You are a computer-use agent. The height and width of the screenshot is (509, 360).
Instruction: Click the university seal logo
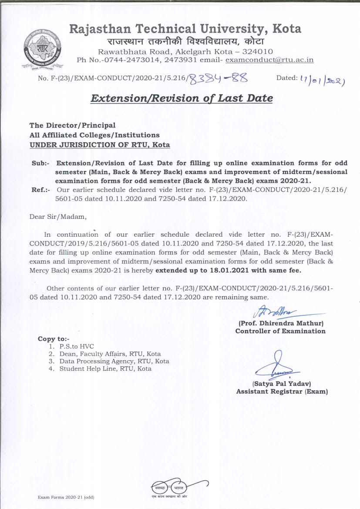(42, 47)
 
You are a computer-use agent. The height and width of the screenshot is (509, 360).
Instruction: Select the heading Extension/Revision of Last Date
(182, 98)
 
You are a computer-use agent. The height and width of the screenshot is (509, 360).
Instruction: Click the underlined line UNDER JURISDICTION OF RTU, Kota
(100, 144)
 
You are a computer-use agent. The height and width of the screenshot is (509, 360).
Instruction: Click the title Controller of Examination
(280, 331)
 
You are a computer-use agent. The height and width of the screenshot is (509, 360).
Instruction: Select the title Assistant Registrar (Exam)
(282, 392)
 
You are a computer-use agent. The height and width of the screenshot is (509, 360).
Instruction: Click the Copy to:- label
(53, 339)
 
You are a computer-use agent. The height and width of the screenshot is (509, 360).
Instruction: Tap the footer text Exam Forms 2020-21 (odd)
(66, 497)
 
